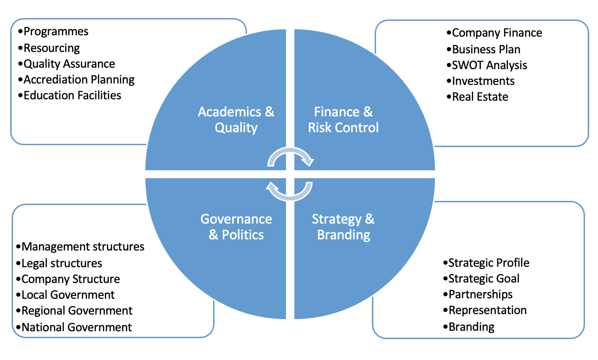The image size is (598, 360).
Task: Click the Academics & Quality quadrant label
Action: pyautogui.click(x=236, y=119)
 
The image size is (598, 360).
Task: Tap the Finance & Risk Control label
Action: pyautogui.click(x=344, y=119)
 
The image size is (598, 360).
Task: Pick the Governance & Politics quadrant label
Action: pyautogui.click(x=236, y=226)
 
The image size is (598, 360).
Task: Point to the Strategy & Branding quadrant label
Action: pyautogui.click(x=343, y=226)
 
